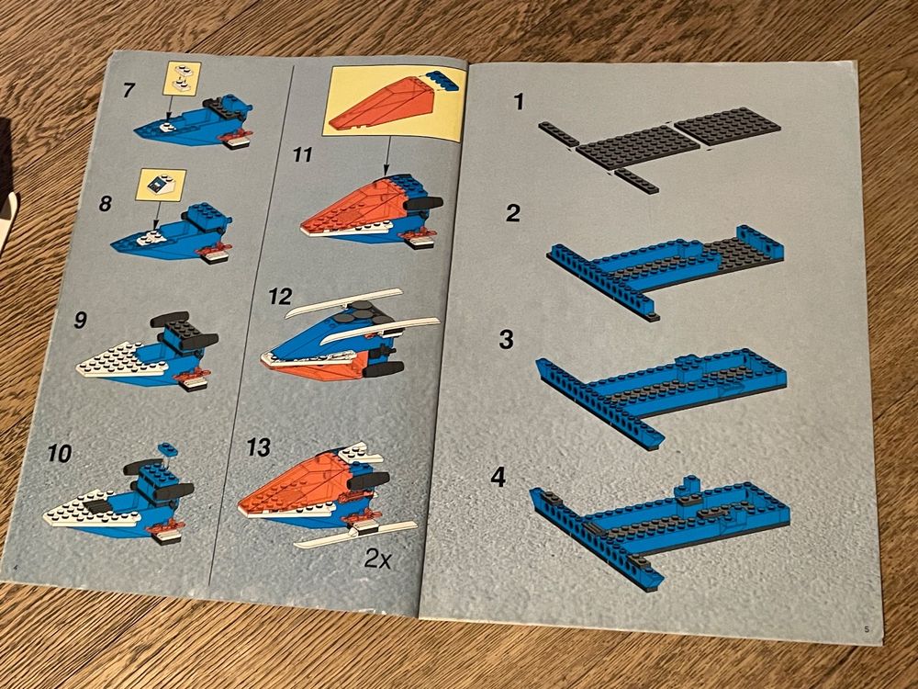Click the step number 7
(x=129, y=90)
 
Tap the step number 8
(x=106, y=204)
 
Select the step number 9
(x=80, y=320)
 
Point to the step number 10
(x=59, y=453)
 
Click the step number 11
(x=303, y=154)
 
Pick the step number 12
(x=280, y=297)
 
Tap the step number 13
(x=258, y=448)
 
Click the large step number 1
(x=518, y=102)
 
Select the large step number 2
(x=513, y=213)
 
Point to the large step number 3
(x=507, y=340)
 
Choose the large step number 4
(x=498, y=478)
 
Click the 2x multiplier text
(x=377, y=559)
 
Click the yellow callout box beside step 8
(x=161, y=186)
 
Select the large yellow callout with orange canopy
(x=395, y=103)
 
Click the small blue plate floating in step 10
(x=167, y=449)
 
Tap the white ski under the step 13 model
(x=356, y=534)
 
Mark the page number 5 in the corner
(x=867, y=630)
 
